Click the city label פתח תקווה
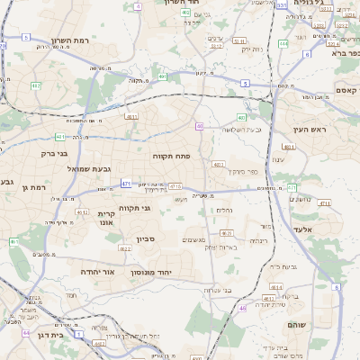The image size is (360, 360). (x=169, y=156)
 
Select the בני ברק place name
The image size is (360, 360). (x=59, y=154)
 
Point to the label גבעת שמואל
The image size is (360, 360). (x=88, y=168)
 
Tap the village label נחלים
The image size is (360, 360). (x=225, y=210)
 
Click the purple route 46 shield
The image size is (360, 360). (x=242, y=308)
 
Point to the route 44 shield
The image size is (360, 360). (x=26, y=333)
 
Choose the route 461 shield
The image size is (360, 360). (x=13, y=242)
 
